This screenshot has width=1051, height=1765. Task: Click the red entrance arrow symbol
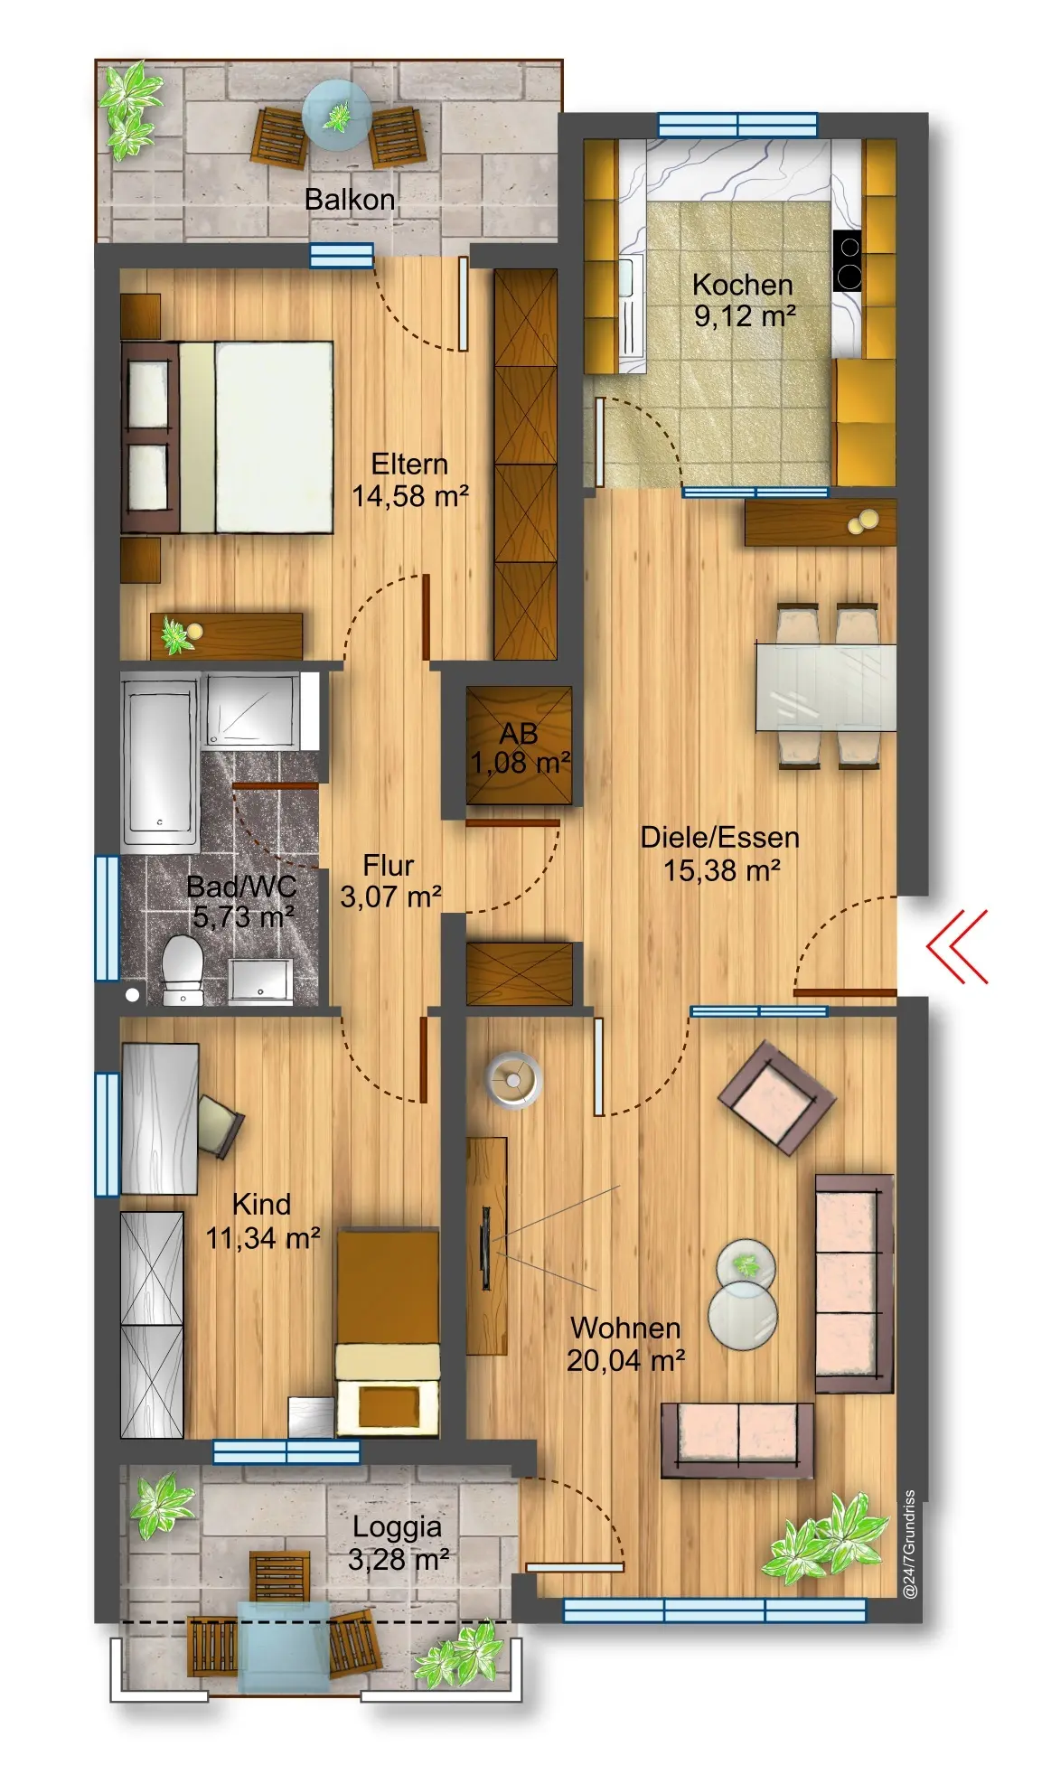(x=956, y=946)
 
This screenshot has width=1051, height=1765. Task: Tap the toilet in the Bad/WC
(x=182, y=970)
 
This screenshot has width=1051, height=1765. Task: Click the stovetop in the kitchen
(x=848, y=260)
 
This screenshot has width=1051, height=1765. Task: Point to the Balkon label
(x=350, y=200)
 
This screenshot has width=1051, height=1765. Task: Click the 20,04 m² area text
(x=625, y=1360)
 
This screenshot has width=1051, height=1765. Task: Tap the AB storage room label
(x=519, y=733)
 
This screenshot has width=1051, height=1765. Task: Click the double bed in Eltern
(x=228, y=437)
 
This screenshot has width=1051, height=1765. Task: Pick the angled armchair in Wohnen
(x=777, y=1098)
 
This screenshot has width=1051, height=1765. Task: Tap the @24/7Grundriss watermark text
(x=910, y=1544)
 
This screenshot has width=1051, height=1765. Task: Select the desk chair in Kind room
(x=220, y=1125)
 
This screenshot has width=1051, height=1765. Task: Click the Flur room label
(x=389, y=865)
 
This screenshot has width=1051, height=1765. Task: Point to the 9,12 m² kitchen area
(x=745, y=316)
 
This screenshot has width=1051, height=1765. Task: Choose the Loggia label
(x=397, y=1526)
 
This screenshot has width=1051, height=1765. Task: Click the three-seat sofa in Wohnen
(x=854, y=1283)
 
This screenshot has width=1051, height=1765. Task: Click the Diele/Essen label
(x=719, y=837)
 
